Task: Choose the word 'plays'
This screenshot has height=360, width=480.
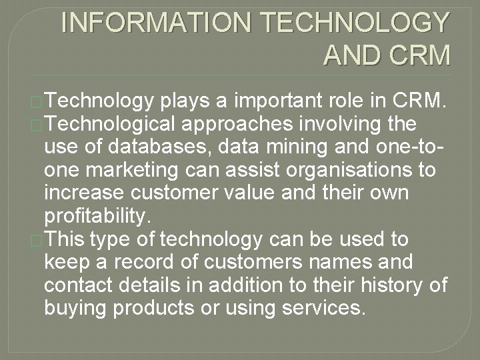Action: [191, 102]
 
